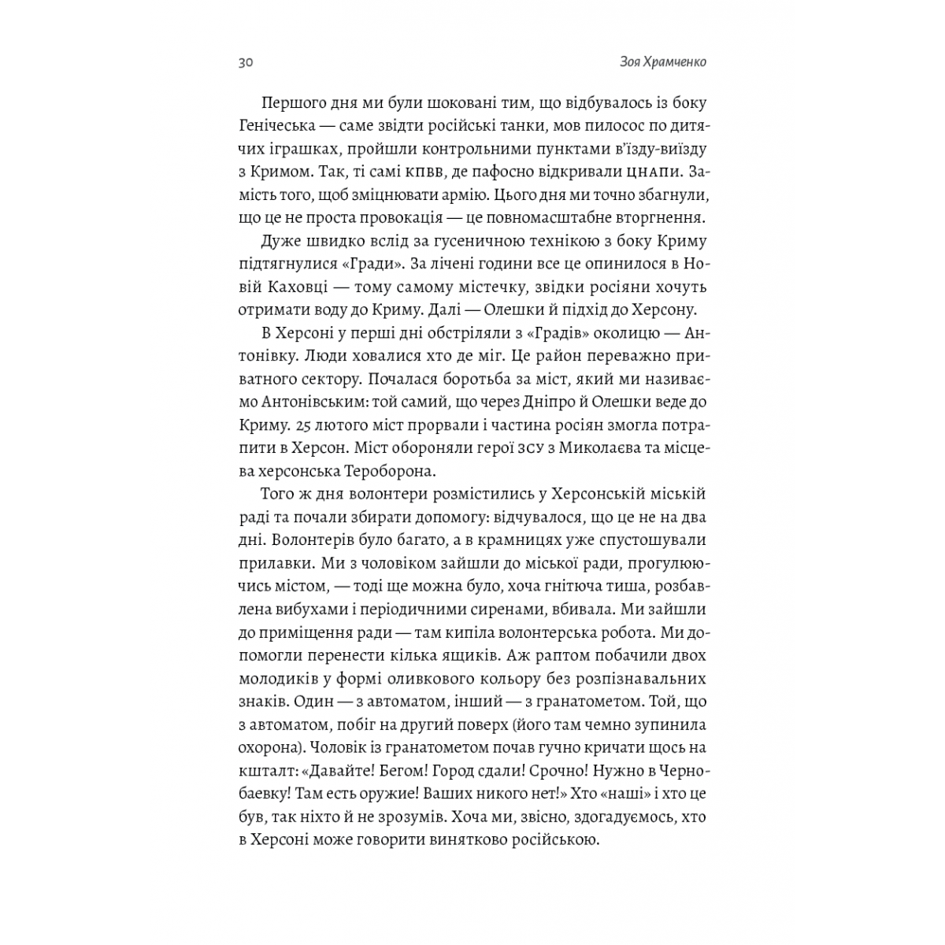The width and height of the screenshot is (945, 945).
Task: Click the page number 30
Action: pos(245,64)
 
